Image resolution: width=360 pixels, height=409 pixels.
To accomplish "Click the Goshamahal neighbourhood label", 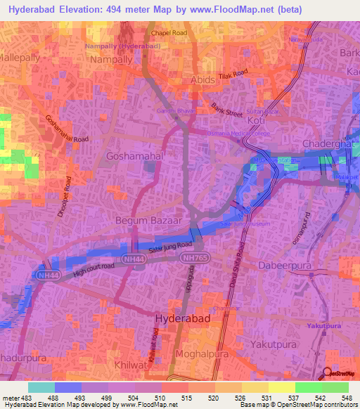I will tap(131, 155).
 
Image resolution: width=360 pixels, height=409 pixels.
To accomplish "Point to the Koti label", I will tap(257, 121).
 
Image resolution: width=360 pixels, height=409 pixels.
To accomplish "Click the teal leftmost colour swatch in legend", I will tap(41, 387).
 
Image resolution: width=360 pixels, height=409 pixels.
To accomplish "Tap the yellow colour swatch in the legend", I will tap(281, 387).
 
